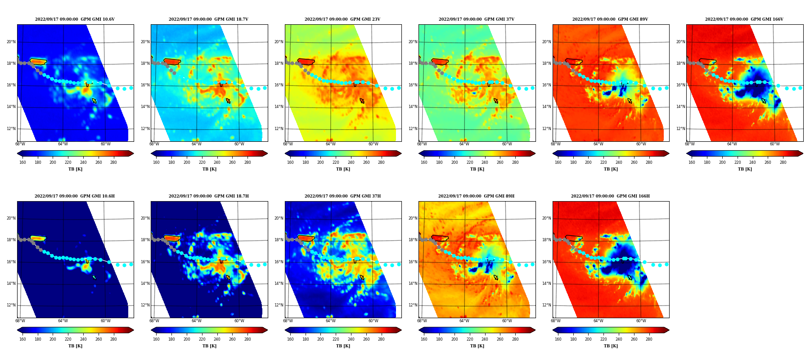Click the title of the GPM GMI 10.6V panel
[x=75, y=19]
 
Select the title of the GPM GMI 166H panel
[x=610, y=196]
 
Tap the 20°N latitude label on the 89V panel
[x=547, y=42]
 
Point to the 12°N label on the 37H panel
[x=279, y=305]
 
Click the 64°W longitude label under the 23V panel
[x=330, y=144]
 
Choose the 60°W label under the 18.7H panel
[x=239, y=321]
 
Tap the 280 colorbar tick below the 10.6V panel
[x=113, y=162]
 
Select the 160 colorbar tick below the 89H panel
[x=424, y=339]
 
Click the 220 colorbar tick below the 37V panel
[x=470, y=162]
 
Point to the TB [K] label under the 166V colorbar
[x=745, y=169]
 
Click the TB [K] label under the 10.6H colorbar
[x=75, y=346]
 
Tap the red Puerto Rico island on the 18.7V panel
[x=172, y=62]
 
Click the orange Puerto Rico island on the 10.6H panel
[x=38, y=238]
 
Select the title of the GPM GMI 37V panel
[x=477, y=19]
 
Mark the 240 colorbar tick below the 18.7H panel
[x=217, y=339]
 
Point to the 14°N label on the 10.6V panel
[x=11, y=107]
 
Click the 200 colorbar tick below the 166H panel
[x=588, y=339]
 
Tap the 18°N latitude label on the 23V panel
[x=279, y=63]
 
